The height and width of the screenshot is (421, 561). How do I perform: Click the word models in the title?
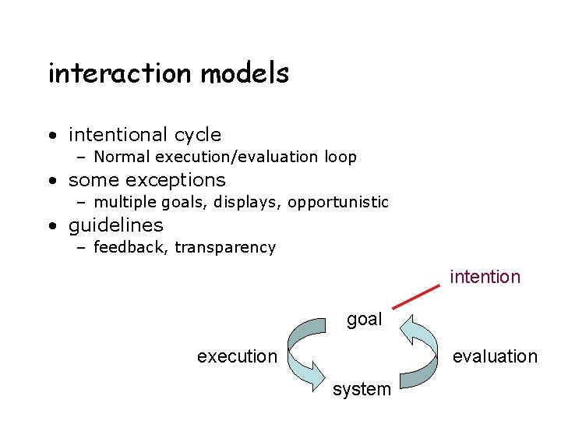pyautogui.click(x=245, y=73)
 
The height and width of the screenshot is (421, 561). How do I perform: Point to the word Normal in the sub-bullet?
pyautogui.click(x=122, y=157)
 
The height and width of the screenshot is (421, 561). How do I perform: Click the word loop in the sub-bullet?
pyautogui.click(x=340, y=157)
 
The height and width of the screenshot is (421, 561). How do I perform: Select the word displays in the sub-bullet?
pyautogui.click(x=254, y=203)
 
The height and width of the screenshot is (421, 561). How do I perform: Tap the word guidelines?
pyautogui.click(x=116, y=225)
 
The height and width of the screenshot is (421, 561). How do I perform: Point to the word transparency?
pyautogui.click(x=225, y=248)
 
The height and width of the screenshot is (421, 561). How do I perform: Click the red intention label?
pyautogui.click(x=485, y=277)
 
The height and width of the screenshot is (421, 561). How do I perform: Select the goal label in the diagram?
pyautogui.click(x=364, y=319)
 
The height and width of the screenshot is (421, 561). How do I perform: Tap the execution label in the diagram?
pyautogui.click(x=237, y=356)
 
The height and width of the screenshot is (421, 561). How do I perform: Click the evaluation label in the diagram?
pyautogui.click(x=495, y=356)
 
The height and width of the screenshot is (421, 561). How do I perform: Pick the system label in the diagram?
pyautogui.click(x=362, y=389)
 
